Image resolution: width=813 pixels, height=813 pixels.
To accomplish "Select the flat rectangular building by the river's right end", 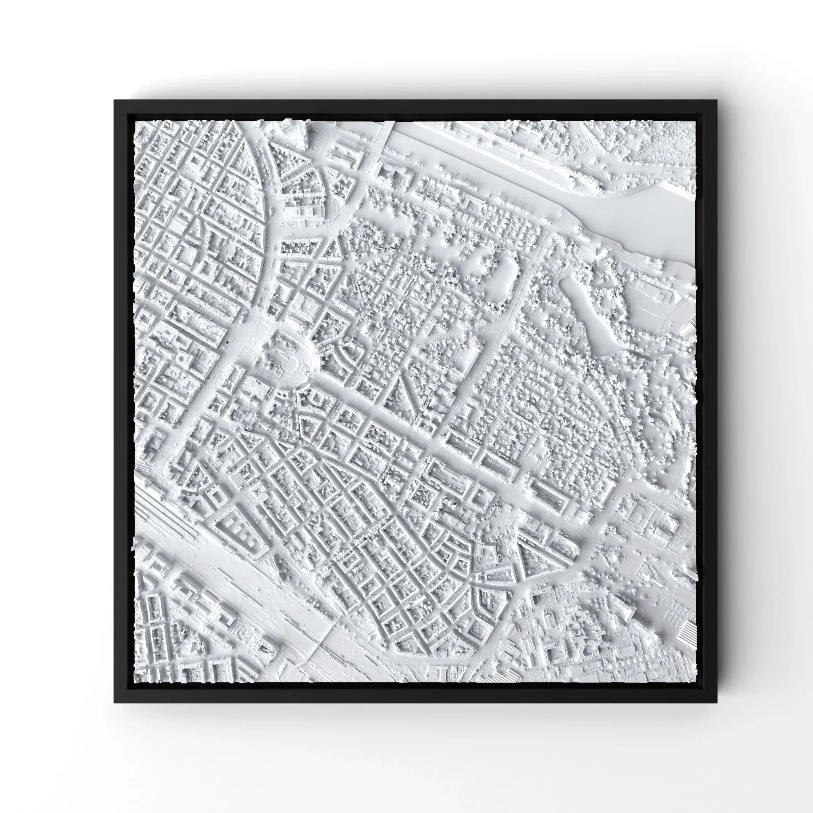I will (x=657, y=295).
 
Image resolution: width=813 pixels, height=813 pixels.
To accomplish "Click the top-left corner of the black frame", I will (x=115, y=100).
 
